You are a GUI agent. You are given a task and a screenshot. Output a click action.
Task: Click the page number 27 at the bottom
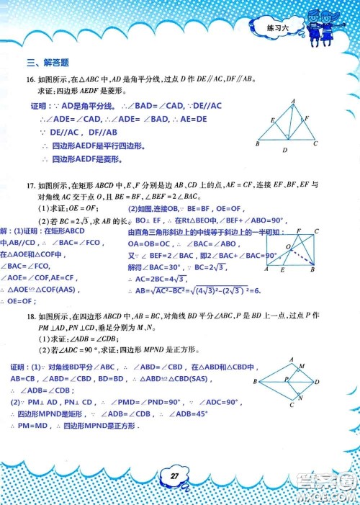pyautogui.click(x=174, y=474)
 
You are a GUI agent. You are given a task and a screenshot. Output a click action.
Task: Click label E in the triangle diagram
pyautogui.click(x=271, y=120)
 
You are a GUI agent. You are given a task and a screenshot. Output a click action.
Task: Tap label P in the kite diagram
pyautogui.click(x=286, y=377)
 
